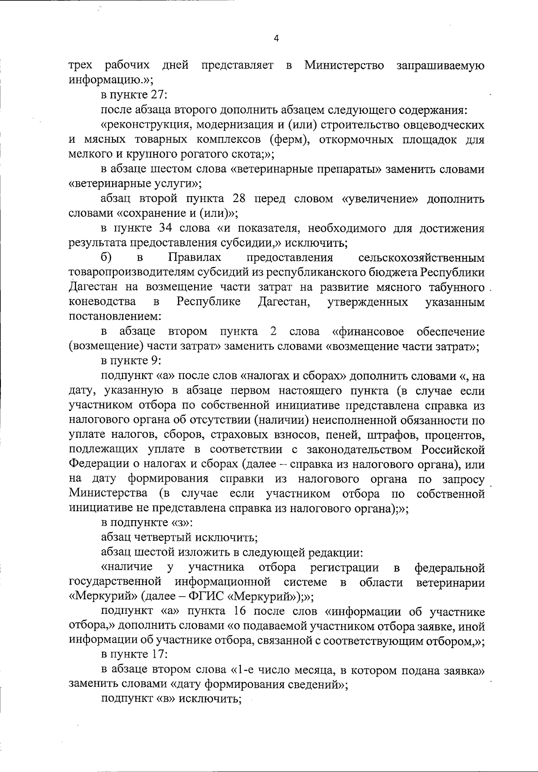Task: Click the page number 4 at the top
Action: tap(276, 39)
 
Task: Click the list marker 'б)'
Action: tap(106, 258)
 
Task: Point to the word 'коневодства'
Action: tap(103, 302)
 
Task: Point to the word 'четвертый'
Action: tap(156, 538)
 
